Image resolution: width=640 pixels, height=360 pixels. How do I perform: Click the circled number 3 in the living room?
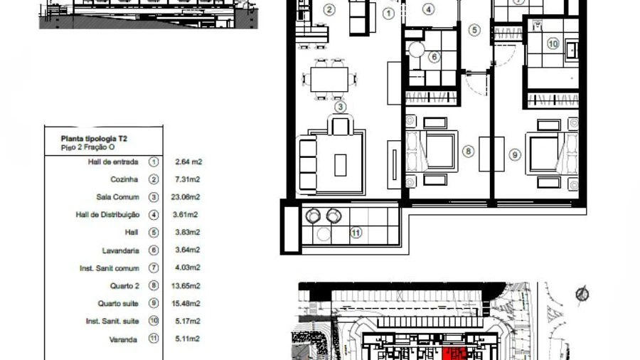click(341, 107)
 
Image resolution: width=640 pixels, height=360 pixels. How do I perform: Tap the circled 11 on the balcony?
click(356, 233)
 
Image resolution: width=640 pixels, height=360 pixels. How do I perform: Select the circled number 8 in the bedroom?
click(468, 152)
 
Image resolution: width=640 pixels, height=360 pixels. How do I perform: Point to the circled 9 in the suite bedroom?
click(515, 154)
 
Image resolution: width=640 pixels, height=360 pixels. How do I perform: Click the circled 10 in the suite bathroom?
click(553, 43)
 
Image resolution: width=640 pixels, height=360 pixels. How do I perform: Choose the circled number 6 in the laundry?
click(434, 57)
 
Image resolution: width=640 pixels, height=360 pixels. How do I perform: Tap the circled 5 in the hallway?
click(474, 30)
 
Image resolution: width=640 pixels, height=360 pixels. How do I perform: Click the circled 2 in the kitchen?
click(329, 10)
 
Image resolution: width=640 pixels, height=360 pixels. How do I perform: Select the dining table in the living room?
click(329, 79)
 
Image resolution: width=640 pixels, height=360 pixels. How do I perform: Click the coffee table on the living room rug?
click(341, 165)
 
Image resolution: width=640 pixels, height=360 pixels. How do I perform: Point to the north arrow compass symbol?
click(582, 293)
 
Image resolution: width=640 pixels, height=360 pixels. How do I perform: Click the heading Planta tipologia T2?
click(94, 139)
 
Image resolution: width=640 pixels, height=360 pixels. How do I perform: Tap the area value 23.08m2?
click(186, 197)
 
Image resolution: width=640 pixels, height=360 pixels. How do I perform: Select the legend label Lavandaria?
click(120, 250)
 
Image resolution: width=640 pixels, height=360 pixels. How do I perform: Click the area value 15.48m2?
click(186, 304)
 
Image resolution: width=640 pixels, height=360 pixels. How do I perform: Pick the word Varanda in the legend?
click(123, 339)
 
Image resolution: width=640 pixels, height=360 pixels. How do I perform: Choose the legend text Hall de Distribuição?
click(108, 215)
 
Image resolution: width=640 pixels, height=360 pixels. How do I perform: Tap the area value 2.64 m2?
click(188, 162)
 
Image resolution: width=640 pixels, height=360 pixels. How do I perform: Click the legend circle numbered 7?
click(154, 268)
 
